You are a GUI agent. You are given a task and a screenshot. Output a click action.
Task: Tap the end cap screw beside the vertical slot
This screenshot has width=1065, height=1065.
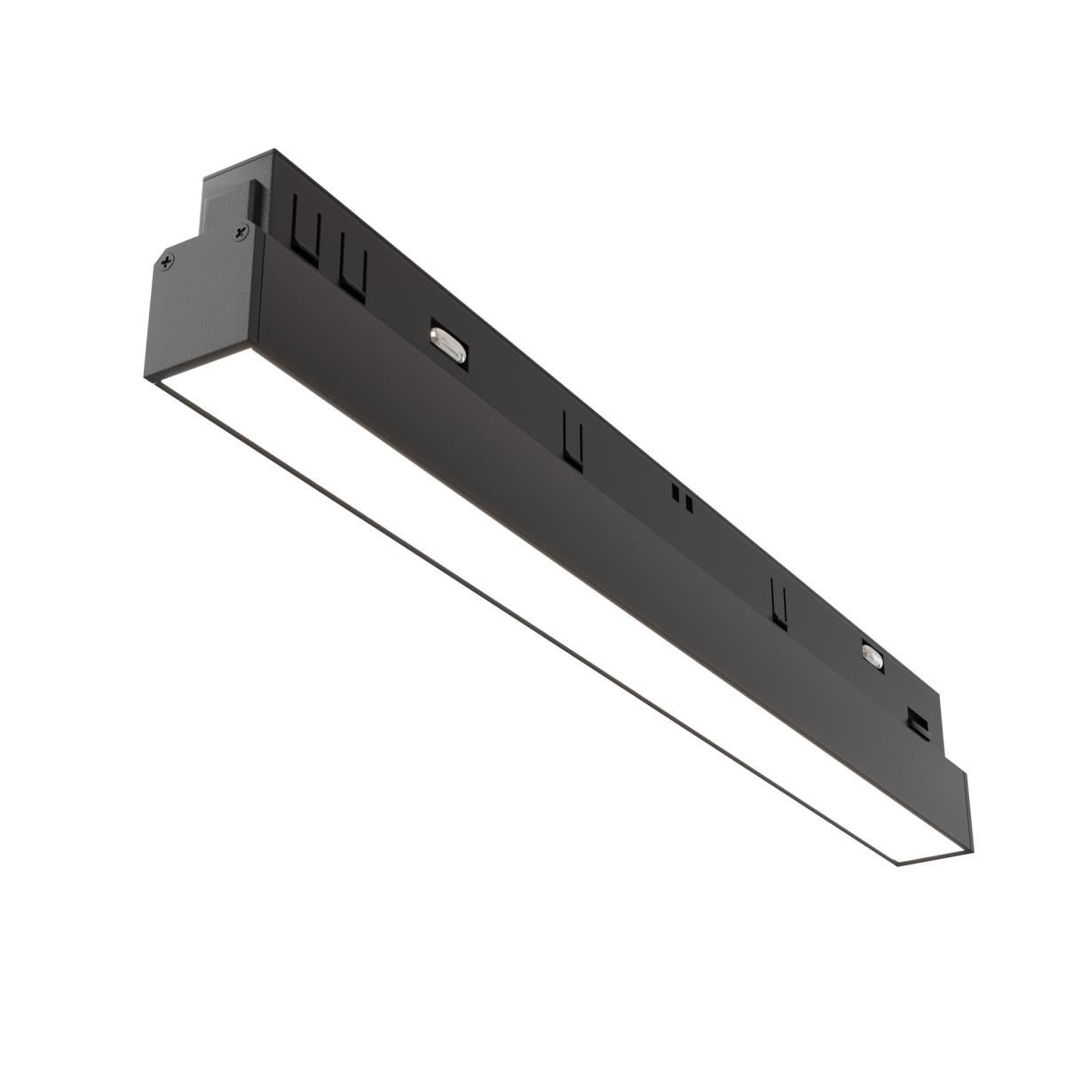[241, 233]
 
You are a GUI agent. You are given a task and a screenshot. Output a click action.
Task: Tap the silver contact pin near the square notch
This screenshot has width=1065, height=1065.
[872, 656]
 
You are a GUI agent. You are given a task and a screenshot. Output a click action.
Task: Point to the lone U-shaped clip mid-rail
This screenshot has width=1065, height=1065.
[573, 440]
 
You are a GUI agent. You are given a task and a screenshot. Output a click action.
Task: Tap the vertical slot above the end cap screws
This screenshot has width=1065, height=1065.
[254, 201]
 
